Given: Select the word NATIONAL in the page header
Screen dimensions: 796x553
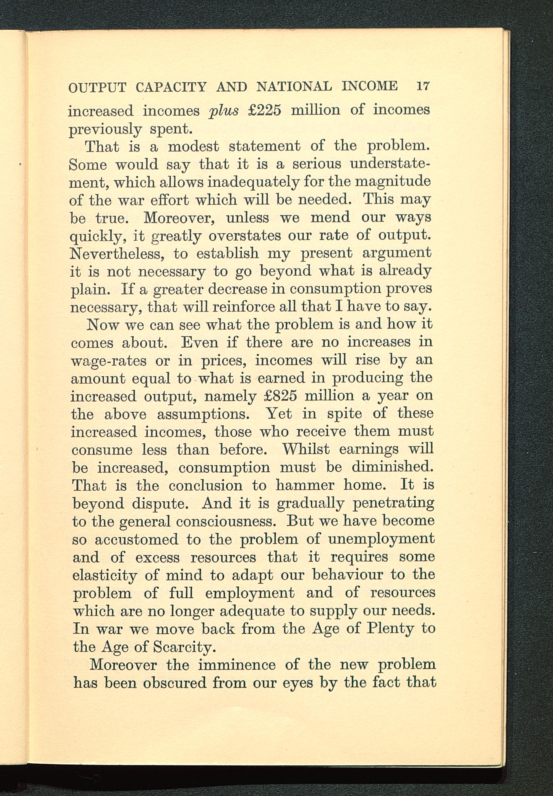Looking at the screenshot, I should (294, 86).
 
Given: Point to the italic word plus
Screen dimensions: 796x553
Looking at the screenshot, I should (224, 111).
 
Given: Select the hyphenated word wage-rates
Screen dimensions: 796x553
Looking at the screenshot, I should (109, 361).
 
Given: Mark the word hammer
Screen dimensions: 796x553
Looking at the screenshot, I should (305, 485).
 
